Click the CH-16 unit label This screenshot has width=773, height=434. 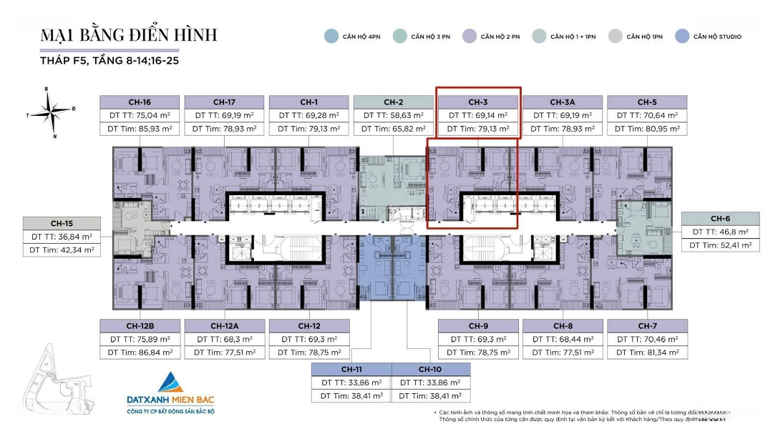point(141,102)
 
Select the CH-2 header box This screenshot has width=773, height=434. point(394,102)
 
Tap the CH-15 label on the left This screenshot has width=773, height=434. point(62,223)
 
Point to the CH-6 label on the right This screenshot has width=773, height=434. point(720,218)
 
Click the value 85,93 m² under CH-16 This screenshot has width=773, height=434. point(157,129)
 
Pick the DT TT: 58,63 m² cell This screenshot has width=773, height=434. point(394,115)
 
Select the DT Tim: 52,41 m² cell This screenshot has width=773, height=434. point(720,245)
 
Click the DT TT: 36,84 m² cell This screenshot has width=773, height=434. point(62,237)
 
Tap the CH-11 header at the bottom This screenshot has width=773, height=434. point(351,369)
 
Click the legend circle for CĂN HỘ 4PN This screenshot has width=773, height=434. point(331,36)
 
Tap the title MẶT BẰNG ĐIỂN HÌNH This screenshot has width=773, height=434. point(129,35)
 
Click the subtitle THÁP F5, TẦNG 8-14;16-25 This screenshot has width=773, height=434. point(110,61)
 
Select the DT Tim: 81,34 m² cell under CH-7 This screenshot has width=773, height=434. point(647,352)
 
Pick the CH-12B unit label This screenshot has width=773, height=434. point(141,326)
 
